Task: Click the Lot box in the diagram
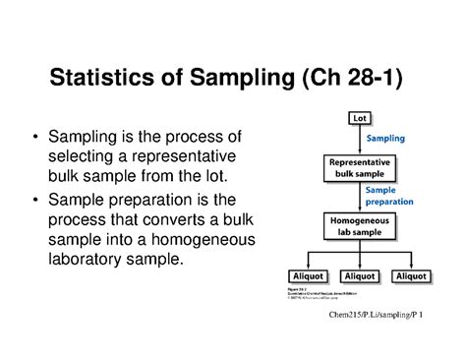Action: click(360, 119)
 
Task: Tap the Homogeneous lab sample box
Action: click(360, 226)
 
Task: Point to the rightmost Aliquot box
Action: click(410, 276)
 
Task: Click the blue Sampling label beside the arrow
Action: click(385, 139)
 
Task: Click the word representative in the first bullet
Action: click(196, 156)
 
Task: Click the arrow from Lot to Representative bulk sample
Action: click(360, 139)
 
